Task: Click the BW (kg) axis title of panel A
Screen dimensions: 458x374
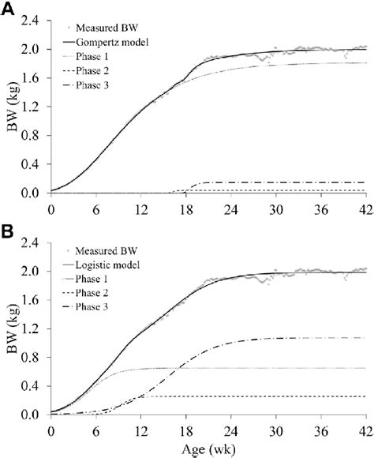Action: (13, 107)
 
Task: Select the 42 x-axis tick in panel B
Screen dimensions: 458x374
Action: (365, 430)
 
